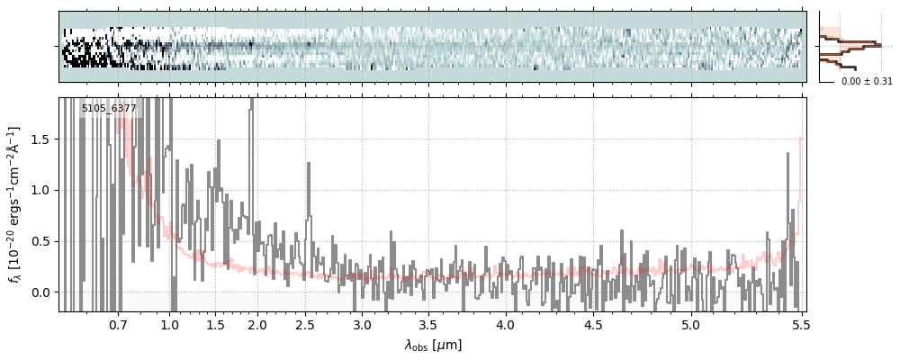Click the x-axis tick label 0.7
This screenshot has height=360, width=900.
point(118,325)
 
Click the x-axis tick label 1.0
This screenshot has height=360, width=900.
point(170,325)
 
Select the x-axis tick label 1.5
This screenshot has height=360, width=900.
point(216,325)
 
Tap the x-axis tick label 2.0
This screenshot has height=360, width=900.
point(257,325)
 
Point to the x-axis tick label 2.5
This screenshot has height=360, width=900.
point(305,325)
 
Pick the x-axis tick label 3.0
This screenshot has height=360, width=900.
point(362,325)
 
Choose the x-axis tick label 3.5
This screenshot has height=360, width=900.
point(430,325)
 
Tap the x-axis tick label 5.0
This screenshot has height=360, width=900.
point(690,325)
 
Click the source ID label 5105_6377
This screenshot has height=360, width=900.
point(109,109)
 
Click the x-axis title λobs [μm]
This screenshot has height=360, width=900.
point(433,345)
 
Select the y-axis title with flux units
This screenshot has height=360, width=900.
point(15,204)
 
